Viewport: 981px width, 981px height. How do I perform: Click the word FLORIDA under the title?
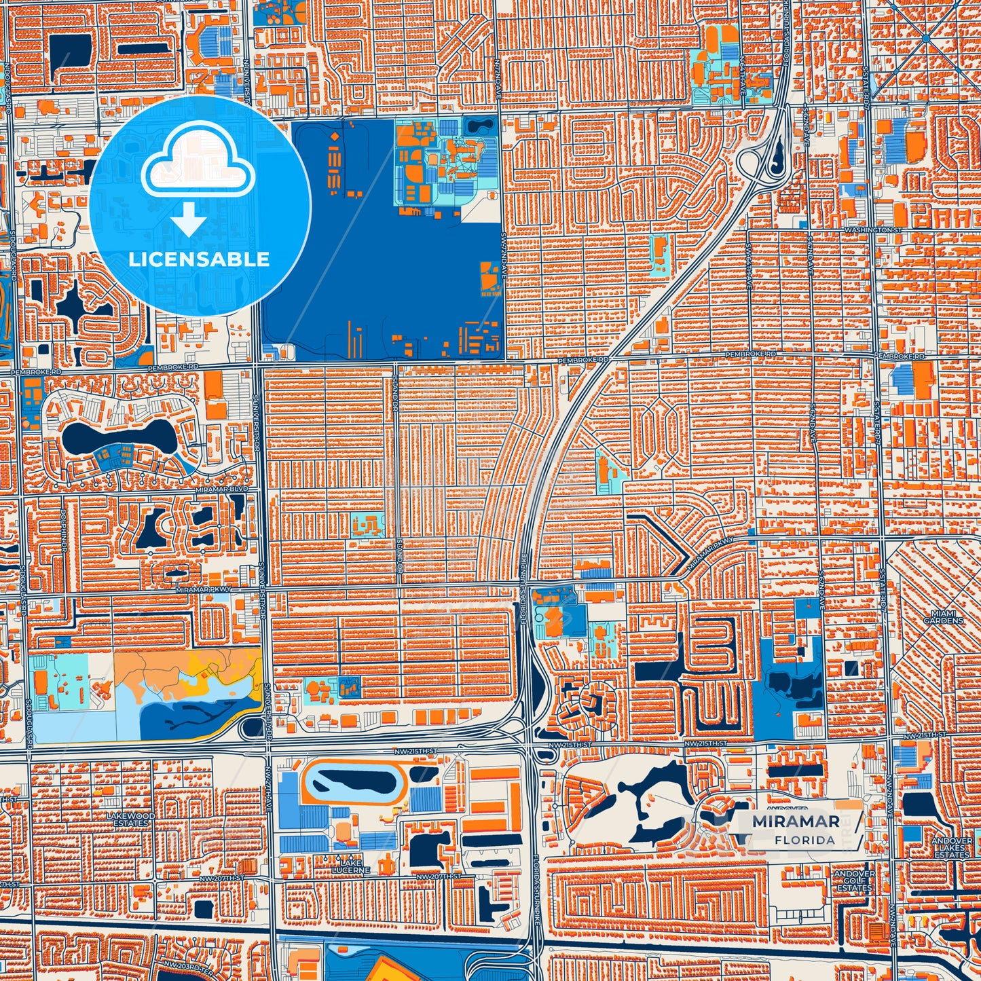[x=804, y=840]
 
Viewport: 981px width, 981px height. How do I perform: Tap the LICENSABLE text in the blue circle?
[x=199, y=259]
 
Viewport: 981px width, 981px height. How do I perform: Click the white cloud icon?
[x=198, y=163]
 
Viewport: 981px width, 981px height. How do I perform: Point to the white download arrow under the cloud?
[x=189, y=220]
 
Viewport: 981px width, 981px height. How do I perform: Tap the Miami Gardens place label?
[x=943, y=617]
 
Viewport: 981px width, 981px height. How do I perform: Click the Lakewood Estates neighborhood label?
[x=131, y=819]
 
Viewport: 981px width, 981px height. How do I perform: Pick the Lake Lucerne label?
[x=351, y=866]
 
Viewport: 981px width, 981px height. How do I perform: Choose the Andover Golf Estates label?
[x=854, y=881]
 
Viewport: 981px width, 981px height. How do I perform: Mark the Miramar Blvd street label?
[x=229, y=489]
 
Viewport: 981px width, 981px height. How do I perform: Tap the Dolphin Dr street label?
[x=62, y=522]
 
